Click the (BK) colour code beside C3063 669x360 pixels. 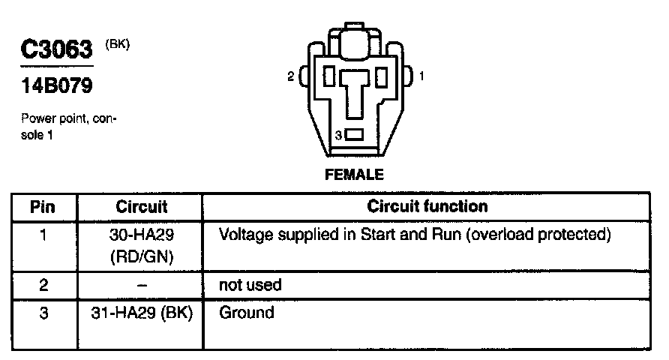[x=118, y=44]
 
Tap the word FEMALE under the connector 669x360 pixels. [x=353, y=175]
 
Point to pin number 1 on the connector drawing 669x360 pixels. [x=421, y=76]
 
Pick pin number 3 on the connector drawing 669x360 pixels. [x=338, y=135]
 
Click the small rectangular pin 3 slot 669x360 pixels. [x=354, y=135]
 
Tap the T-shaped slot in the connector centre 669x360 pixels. [x=353, y=90]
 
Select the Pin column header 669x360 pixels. [x=44, y=206]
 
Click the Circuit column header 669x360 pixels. [x=142, y=206]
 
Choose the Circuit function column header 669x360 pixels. [x=427, y=206]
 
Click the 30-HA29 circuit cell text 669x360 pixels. [x=142, y=235]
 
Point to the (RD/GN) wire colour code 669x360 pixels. [x=142, y=256]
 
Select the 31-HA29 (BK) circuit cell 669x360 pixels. [x=142, y=313]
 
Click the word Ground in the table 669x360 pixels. [x=247, y=313]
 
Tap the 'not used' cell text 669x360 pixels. [x=250, y=285]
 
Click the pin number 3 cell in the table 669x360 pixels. [x=44, y=313]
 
